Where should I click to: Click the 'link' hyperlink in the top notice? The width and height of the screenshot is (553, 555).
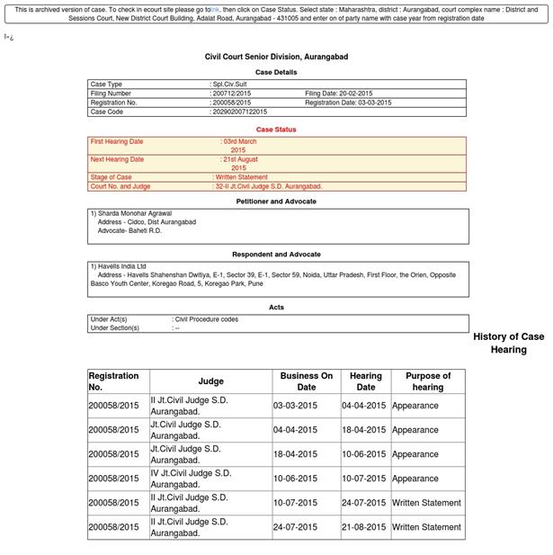tap(215, 10)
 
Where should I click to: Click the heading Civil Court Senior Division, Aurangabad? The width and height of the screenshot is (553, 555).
tap(276, 57)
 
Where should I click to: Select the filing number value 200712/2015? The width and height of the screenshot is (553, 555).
tap(231, 94)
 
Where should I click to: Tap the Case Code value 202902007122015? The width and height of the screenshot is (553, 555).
tap(239, 112)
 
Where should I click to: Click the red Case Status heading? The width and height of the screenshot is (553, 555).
tap(276, 130)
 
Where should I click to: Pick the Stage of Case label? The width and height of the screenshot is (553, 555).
tap(111, 177)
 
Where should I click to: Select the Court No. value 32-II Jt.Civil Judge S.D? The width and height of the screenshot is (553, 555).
tap(268, 186)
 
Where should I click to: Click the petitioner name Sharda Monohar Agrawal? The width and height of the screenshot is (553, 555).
tap(134, 213)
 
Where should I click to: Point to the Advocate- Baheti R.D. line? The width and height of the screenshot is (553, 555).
tap(129, 230)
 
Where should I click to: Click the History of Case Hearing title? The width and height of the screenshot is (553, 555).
tap(508, 343)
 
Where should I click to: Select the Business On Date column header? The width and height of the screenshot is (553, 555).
tap(306, 381)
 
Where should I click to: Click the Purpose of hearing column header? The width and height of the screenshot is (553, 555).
tap(427, 381)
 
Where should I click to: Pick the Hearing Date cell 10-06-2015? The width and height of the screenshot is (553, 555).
tap(364, 454)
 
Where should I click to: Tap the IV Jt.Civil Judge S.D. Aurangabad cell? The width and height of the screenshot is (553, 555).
tap(191, 479)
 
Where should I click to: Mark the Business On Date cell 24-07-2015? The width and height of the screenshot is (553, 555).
tap(295, 527)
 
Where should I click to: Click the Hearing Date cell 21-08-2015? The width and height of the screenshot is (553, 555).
tap(364, 527)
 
